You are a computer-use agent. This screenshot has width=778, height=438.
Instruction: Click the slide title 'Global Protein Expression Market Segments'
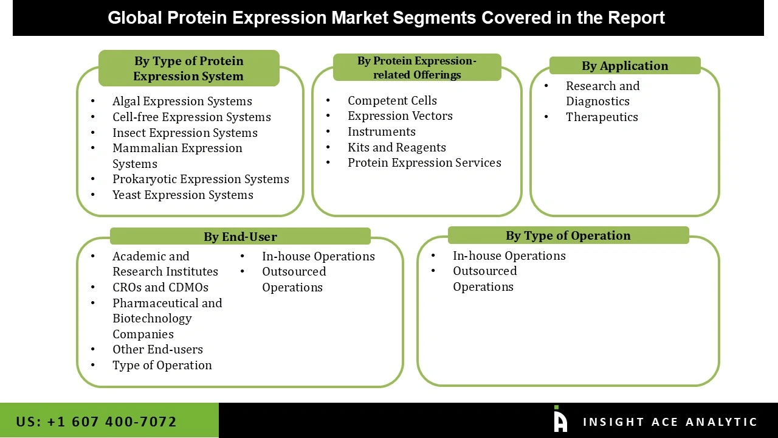coord(387,18)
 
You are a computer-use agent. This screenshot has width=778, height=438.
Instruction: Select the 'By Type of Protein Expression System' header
coord(188,68)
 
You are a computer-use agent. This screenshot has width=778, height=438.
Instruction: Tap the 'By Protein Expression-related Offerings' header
coord(417,68)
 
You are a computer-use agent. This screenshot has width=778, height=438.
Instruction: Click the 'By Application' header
coord(624,66)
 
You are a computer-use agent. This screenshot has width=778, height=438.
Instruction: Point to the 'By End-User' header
coord(240,237)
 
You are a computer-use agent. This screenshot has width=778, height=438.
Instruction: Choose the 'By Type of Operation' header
coord(568,235)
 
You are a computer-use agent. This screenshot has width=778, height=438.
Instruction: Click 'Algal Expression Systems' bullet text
coord(182,101)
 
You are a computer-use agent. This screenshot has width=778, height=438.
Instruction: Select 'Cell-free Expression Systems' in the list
coord(191,117)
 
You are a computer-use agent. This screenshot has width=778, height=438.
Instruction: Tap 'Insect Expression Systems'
coord(185,133)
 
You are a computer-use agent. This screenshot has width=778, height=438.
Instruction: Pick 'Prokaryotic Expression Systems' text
coord(201,179)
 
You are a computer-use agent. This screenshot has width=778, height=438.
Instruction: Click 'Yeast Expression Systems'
coord(182,195)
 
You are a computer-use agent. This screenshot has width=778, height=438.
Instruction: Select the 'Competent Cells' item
coord(392,100)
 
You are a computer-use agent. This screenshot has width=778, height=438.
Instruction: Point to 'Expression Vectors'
coord(400,116)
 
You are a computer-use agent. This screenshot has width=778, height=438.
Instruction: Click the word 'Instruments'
coord(381,131)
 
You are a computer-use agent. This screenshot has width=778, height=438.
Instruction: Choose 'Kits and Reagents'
coord(396,147)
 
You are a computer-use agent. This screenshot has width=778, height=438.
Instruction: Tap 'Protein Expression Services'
coord(424,162)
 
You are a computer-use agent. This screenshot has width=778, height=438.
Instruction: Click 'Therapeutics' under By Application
coord(602,117)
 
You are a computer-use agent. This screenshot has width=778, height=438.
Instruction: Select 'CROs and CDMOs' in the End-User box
coord(160,287)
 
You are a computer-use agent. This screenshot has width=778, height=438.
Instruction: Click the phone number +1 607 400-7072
coord(97,422)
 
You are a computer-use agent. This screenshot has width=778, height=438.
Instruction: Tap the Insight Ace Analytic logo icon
coord(560,420)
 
